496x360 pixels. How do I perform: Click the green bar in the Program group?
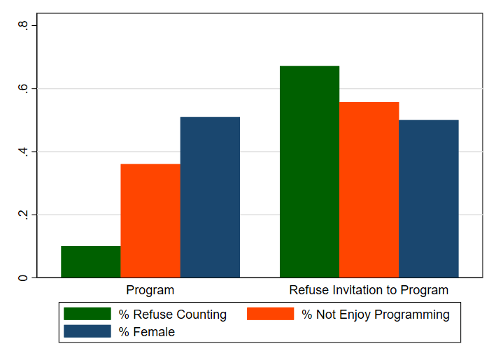click(90, 261)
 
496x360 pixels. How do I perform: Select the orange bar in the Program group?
click(150, 221)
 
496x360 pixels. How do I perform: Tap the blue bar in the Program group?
click(210, 197)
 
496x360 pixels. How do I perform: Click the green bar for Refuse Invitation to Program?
click(309, 171)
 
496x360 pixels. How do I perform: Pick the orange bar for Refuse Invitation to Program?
click(369, 189)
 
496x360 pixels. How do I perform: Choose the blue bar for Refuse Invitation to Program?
click(428, 199)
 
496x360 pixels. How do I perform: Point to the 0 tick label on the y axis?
click(23, 278)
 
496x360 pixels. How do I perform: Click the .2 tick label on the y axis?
click(23, 215)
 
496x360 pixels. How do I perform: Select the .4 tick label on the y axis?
click(23, 152)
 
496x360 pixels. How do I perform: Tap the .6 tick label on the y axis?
click(23, 89)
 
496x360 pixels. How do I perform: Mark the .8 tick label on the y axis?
click(23, 26)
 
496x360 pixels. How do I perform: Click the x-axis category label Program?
click(150, 290)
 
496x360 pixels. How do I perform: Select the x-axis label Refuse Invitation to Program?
click(369, 290)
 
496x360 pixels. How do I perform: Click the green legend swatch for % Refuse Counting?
click(87, 314)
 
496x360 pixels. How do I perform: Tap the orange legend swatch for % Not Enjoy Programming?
click(270, 314)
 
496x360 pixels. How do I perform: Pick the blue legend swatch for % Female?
click(87, 331)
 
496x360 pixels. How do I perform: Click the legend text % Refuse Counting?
click(172, 315)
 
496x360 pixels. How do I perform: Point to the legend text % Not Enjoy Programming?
click(376, 315)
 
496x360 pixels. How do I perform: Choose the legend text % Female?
click(146, 332)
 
